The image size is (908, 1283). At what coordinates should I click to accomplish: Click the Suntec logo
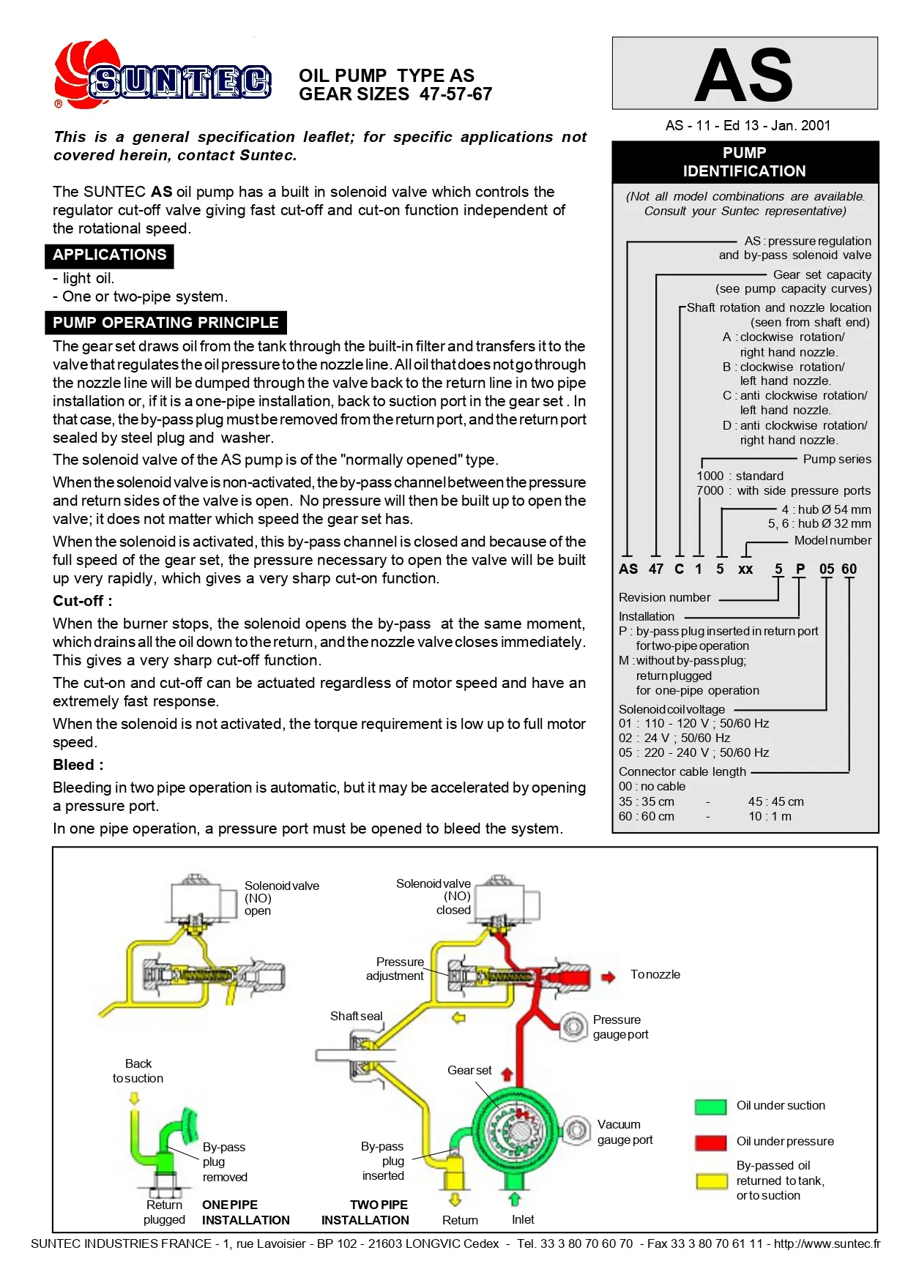(x=163, y=76)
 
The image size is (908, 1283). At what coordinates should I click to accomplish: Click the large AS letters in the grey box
(x=744, y=75)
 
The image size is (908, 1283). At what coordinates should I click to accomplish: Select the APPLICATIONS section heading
(x=110, y=255)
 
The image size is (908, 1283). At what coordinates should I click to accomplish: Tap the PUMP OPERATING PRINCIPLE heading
(x=165, y=323)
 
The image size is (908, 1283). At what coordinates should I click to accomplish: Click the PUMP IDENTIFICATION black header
(x=744, y=162)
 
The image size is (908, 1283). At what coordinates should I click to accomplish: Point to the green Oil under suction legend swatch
(x=710, y=1106)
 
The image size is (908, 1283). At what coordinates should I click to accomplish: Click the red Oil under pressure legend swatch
(x=710, y=1142)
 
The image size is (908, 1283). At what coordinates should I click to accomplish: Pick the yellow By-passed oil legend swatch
(x=710, y=1181)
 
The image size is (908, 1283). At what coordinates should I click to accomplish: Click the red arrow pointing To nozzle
(x=608, y=976)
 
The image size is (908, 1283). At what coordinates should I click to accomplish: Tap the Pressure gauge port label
(x=620, y=1027)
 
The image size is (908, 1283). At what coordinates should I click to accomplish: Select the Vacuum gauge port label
(x=625, y=1132)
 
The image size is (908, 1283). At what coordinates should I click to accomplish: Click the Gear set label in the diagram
(x=469, y=1070)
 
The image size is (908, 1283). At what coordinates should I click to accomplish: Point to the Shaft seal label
(x=356, y=1016)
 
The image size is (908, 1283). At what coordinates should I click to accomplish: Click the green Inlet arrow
(x=515, y=1199)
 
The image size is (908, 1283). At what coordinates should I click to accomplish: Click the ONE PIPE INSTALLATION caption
(x=245, y=1213)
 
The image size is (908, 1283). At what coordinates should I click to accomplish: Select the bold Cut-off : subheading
(x=82, y=601)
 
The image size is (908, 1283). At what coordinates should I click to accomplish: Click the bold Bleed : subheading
(x=78, y=765)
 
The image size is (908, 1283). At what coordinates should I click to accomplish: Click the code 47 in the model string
(x=656, y=569)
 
